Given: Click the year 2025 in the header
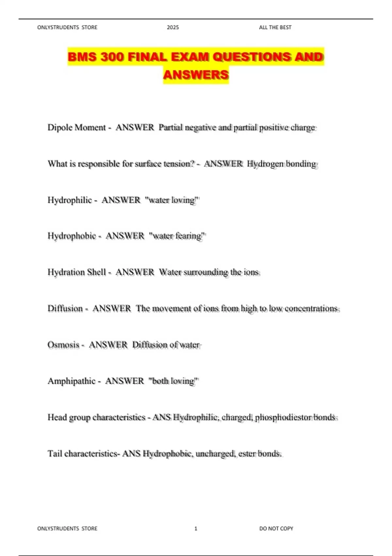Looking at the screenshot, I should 173,27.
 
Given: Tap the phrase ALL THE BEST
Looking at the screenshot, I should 275,27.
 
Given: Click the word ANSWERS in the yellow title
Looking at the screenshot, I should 196,75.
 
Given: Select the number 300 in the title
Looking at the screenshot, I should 113,57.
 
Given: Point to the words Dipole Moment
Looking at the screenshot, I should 77,127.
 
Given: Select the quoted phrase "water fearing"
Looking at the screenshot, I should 177,236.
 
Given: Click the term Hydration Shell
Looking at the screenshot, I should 77,272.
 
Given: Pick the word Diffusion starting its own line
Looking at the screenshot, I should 65,308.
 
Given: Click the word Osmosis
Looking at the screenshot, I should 63,345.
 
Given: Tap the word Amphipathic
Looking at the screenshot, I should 72,381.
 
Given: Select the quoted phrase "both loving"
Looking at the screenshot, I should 173,381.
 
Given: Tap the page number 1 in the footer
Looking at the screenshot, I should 196,528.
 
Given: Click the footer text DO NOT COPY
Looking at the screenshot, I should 276,528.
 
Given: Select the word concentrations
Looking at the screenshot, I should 311,308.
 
